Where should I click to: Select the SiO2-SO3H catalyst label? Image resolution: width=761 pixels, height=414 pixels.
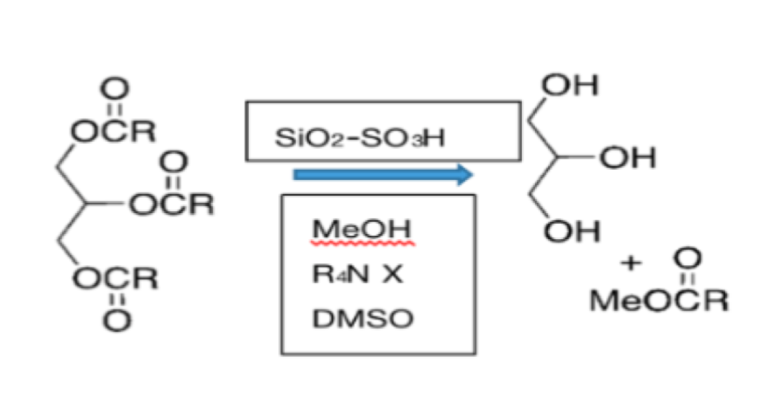[359, 139]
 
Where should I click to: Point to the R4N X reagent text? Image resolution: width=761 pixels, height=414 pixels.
[357, 274]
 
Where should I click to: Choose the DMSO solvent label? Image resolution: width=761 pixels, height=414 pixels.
[363, 320]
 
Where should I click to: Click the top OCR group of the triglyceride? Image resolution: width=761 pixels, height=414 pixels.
[114, 131]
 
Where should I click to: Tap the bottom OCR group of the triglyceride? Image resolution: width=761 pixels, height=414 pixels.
[115, 279]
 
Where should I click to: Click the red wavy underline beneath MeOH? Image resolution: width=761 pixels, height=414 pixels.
[362, 243]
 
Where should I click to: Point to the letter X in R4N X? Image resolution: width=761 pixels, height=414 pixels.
[392, 274]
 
